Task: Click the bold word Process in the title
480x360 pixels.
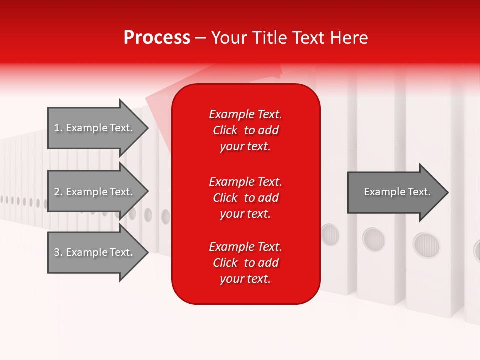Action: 157,38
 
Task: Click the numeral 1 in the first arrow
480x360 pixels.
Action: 57,128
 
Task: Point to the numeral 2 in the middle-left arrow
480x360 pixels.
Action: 57,192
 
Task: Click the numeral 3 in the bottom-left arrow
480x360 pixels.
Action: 57,252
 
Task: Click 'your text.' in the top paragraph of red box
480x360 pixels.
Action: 245,147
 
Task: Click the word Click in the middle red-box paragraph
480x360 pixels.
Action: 225,198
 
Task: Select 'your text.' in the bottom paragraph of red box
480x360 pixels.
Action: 245,279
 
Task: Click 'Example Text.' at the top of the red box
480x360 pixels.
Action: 245,114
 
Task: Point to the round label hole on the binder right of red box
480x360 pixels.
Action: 330,234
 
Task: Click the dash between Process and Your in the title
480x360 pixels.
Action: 201,38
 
